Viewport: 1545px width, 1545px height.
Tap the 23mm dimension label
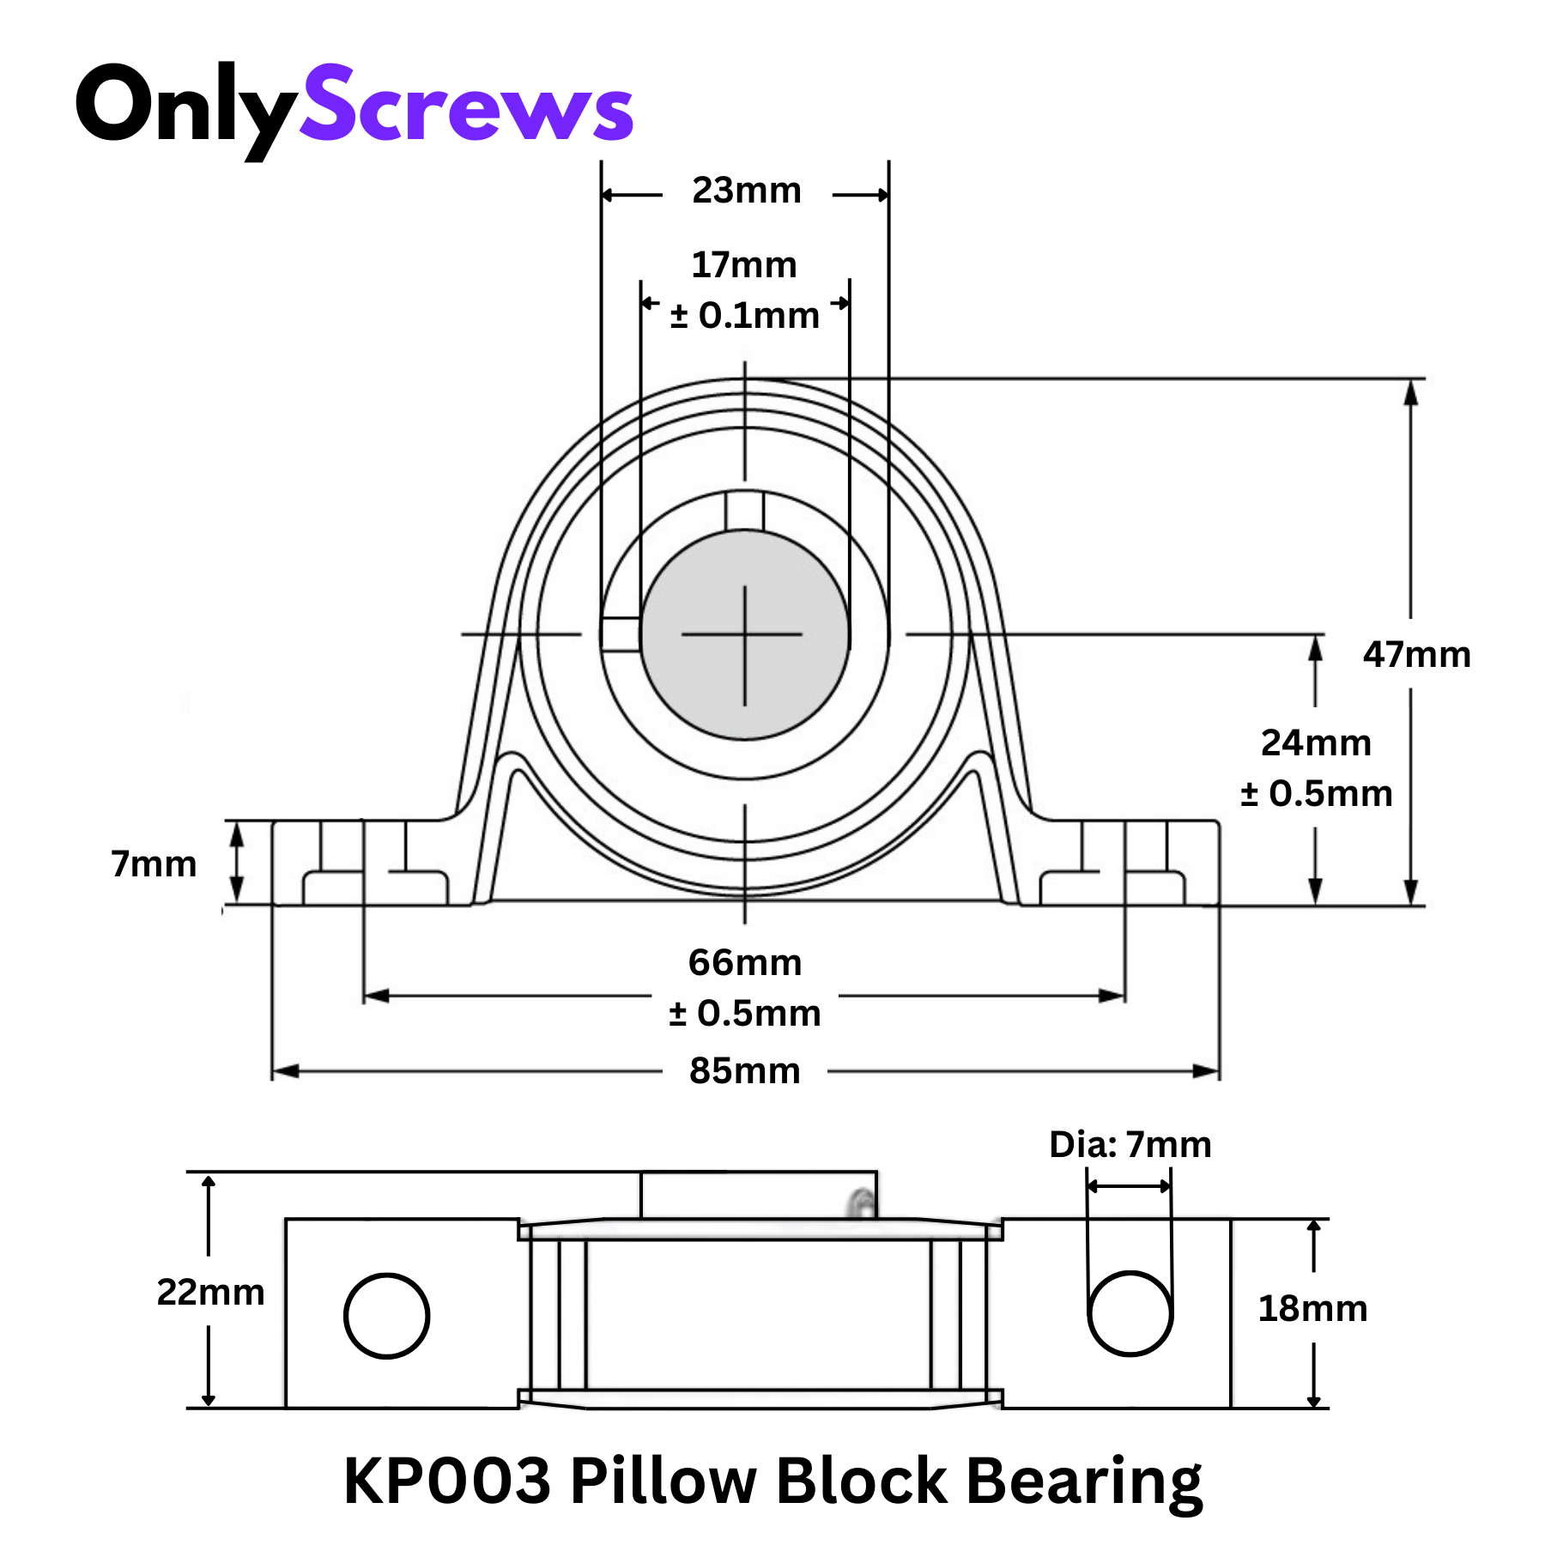[x=747, y=191]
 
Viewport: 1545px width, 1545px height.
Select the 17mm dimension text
[x=744, y=265]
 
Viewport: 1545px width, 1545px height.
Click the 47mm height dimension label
[x=1416, y=655]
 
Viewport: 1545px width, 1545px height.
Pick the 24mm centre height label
[x=1316, y=743]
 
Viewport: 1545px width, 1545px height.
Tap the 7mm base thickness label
[x=154, y=863]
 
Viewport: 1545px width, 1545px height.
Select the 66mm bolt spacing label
[x=745, y=963]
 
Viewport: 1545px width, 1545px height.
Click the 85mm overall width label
[x=745, y=1071]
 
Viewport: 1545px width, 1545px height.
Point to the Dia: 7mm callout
[x=1130, y=1145]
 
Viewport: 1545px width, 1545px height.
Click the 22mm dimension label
[x=210, y=1292]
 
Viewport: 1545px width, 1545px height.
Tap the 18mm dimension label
[x=1312, y=1309]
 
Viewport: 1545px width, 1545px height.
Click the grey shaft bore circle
[x=745, y=635]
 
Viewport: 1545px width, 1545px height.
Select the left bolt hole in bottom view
[x=386, y=1316]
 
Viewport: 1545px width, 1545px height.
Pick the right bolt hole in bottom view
[x=1130, y=1314]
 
